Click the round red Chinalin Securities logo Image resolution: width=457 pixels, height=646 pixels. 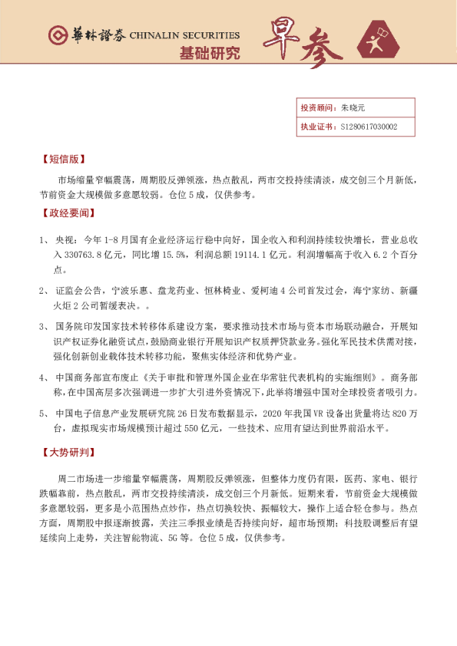[x=58, y=35]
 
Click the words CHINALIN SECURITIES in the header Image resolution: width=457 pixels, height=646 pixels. [x=184, y=35]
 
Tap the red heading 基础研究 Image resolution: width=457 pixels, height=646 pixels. [x=209, y=54]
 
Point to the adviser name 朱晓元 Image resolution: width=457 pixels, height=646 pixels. [x=353, y=108]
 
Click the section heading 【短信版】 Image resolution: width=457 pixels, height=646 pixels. [x=63, y=160]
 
